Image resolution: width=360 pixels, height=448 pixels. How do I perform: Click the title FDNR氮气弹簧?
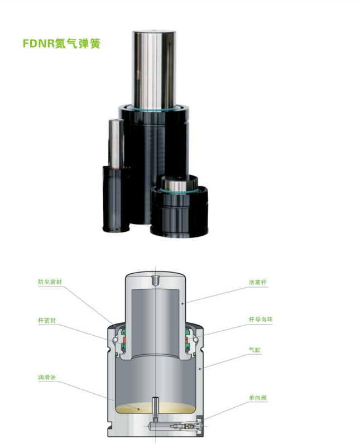click(61, 44)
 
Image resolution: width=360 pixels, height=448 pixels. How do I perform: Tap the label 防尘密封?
click(50, 282)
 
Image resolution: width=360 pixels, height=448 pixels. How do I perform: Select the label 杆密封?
click(47, 320)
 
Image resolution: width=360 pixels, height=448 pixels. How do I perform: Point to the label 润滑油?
click(47, 377)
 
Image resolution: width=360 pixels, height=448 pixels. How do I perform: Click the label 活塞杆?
click(258, 282)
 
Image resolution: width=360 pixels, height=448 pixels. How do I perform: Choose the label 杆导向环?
click(261, 319)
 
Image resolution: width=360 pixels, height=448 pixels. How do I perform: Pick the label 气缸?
click(255, 350)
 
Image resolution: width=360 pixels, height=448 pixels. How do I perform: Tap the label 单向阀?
click(258, 397)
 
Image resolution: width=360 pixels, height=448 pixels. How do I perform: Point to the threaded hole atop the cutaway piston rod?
click(155, 280)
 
